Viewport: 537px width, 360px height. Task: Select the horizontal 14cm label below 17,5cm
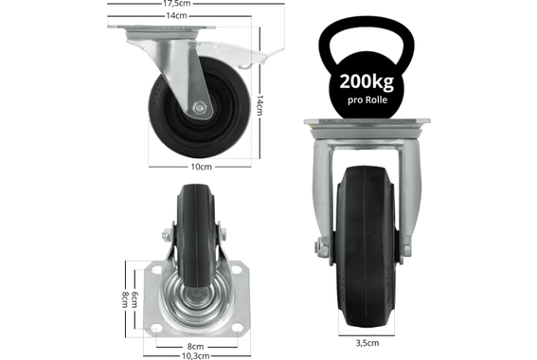point(177,16)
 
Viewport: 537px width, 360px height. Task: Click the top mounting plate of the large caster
point(366,126)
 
